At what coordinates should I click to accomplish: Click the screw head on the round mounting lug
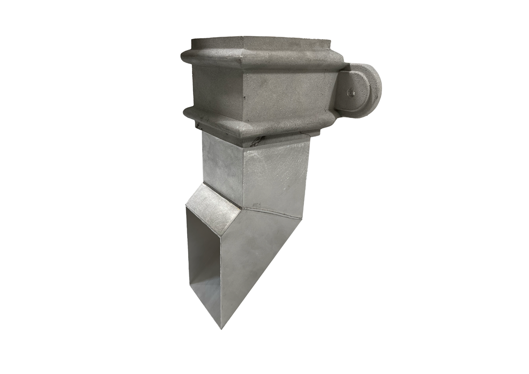point(351,92)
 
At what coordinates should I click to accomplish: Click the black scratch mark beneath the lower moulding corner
point(256,142)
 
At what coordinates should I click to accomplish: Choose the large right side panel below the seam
point(255,255)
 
